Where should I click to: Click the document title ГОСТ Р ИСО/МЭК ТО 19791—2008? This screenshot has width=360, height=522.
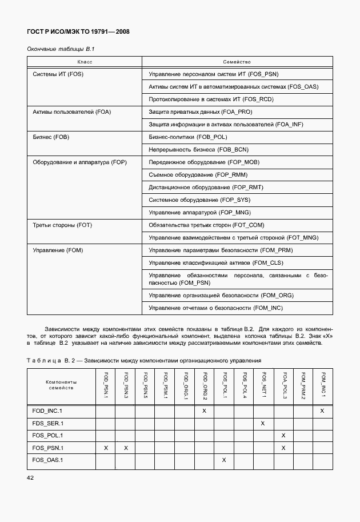click(x=78, y=32)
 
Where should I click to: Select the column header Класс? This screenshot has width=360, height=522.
click(x=85, y=62)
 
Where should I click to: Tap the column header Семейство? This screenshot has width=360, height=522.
click(x=237, y=62)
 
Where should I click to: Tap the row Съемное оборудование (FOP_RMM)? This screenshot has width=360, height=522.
click(x=198, y=175)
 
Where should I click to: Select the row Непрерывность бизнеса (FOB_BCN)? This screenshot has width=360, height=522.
click(x=198, y=150)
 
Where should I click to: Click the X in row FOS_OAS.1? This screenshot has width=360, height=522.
click(x=224, y=460)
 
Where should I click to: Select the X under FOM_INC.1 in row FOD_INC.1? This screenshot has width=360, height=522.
click(x=322, y=411)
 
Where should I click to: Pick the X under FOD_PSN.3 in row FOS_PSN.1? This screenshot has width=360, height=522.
click(x=125, y=448)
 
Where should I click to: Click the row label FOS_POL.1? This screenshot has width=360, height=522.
click(x=48, y=435)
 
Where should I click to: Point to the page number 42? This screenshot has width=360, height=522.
click(x=31, y=477)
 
